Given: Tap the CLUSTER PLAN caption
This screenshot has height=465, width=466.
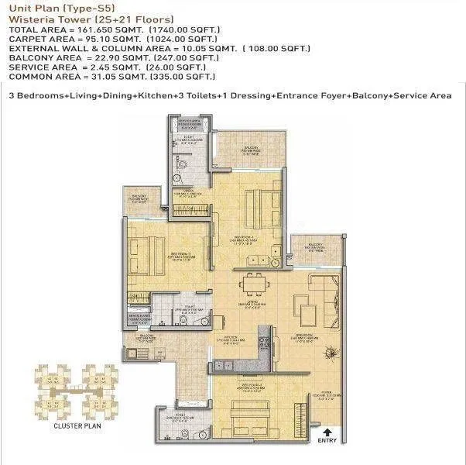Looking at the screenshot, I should tap(74, 426).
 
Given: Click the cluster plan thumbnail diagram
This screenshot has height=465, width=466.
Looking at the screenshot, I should tap(74, 391).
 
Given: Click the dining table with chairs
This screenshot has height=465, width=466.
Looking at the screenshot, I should tap(252, 284).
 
